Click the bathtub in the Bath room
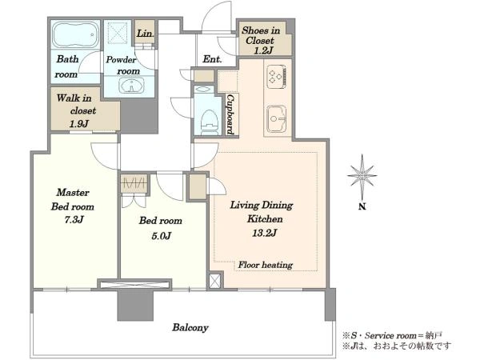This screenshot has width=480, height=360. pyautogui.click(x=75, y=35)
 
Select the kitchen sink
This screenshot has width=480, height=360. pyautogui.click(x=277, y=119)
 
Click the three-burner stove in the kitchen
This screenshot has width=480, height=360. pyautogui.click(x=277, y=76)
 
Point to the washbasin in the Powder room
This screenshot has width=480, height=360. pyautogui.click(x=132, y=85)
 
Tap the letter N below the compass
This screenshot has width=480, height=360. pyautogui.click(x=362, y=206)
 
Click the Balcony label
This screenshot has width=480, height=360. pyautogui.click(x=190, y=327)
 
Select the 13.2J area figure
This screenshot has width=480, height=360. pyautogui.click(x=265, y=234)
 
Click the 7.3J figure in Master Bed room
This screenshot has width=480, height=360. pyautogui.click(x=74, y=220)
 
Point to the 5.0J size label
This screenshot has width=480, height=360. pyautogui.click(x=161, y=236)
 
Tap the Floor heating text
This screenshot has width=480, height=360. pyautogui.click(x=266, y=265)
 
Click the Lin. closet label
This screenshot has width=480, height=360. pyautogui.click(x=145, y=33)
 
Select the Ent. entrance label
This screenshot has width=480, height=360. pyautogui.click(x=212, y=58)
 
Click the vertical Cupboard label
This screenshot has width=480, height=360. pyautogui.click(x=230, y=114)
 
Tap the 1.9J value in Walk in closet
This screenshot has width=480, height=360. pyautogui.click(x=79, y=124)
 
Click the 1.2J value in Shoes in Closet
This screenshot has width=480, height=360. pyautogui.click(x=262, y=51)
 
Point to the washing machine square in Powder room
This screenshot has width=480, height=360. pyautogui.click(x=118, y=32)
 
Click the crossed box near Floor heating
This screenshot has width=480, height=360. pyautogui.click(x=214, y=281)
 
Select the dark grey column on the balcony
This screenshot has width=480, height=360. pyautogui.click(x=135, y=305)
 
